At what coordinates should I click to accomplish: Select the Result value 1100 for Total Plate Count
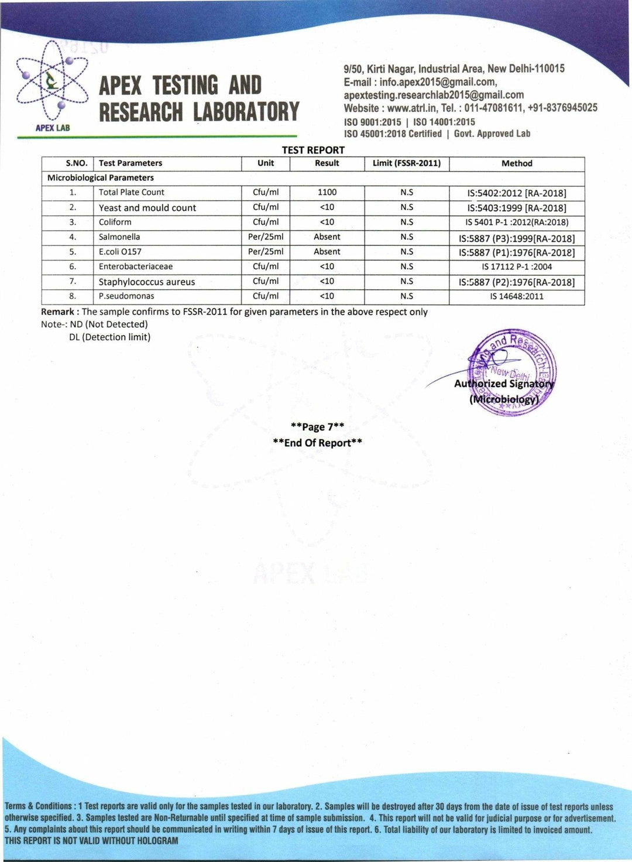point(327,192)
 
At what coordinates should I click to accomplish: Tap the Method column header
point(517,163)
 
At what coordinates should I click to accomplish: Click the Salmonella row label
point(119,237)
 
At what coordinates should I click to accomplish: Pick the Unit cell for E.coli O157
point(266,252)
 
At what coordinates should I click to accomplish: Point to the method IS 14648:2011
point(517,296)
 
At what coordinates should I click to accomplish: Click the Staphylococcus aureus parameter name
point(147,282)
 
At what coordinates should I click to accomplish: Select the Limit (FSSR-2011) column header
point(407,163)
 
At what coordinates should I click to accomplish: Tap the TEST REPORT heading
point(313,150)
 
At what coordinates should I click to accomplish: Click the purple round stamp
point(512,372)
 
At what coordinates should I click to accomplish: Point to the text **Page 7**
point(317,427)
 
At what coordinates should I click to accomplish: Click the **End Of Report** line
point(317,443)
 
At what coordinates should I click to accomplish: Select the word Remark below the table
point(57,312)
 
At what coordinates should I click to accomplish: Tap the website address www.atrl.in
point(410,108)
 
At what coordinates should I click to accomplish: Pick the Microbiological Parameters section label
point(101,177)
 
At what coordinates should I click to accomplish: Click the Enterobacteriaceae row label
point(136,266)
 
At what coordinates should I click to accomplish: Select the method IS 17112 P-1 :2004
point(517,266)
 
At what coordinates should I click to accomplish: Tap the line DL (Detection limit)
point(109,337)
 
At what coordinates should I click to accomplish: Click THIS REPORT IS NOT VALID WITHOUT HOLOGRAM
point(91,841)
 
